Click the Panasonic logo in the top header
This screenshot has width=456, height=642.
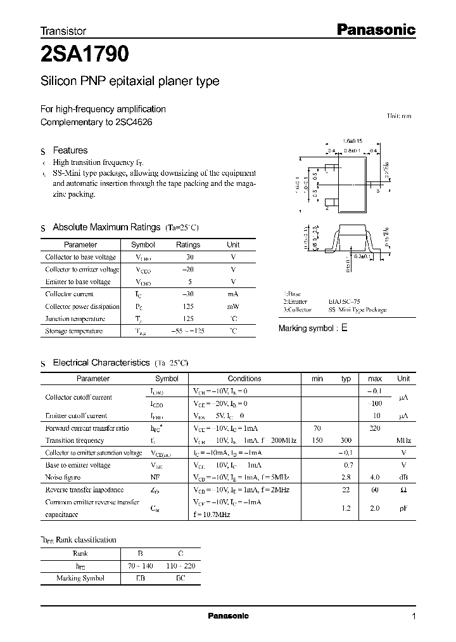click(374, 29)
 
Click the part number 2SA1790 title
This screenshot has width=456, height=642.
click(85, 56)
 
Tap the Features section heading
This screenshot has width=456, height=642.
click(70, 150)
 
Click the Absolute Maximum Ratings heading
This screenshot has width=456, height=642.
click(106, 227)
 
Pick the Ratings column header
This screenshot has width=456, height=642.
click(187, 245)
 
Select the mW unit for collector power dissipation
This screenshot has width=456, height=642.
click(233, 306)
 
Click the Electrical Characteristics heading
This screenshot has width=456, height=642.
click(101, 363)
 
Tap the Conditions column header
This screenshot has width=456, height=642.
click(244, 379)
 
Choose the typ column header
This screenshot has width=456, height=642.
click(346, 379)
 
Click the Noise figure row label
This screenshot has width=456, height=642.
click(62, 477)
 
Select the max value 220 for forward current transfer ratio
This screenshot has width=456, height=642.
click(374, 428)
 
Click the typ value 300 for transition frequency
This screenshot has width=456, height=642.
click(346, 440)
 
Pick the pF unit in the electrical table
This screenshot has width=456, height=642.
click(403, 508)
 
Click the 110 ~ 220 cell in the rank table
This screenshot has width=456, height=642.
click(181, 565)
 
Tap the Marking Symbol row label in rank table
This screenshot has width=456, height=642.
click(79, 578)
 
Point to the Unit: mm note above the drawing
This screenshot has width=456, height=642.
click(399, 116)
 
